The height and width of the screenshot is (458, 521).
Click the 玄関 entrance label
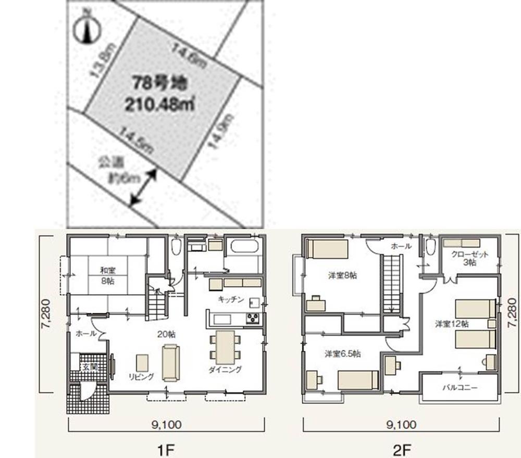86,367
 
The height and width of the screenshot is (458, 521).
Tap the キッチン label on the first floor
231,299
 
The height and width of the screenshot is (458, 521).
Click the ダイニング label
225,370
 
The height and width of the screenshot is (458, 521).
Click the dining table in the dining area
226,347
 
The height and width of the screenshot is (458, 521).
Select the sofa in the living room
170,362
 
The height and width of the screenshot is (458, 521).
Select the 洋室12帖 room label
452,324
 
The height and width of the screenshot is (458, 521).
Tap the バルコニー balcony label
460,388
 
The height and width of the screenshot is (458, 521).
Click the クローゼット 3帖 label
470,259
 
